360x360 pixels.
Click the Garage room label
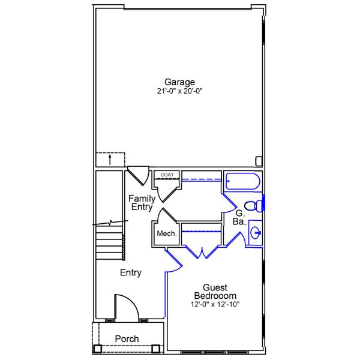180,82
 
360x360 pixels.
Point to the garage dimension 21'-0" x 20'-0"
180,92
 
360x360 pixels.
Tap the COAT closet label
167,175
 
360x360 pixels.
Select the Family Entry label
142,202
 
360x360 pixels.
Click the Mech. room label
166,233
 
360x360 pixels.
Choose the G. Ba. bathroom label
239,217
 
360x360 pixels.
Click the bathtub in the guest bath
242,181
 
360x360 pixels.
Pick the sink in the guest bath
255,233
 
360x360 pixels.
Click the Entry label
131,273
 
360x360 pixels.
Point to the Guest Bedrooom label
215,292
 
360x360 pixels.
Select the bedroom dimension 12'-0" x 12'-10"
215,304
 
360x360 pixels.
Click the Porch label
127,339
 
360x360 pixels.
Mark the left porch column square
98,348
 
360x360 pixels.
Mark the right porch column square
156,348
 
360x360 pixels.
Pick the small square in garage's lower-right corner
259,161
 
